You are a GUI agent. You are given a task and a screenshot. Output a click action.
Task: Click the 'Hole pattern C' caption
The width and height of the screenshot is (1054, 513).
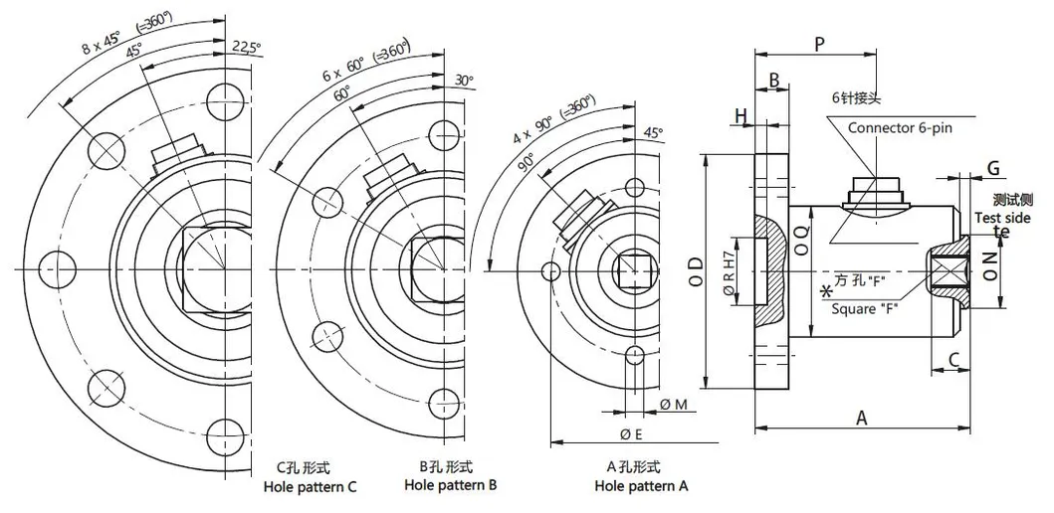[310, 487]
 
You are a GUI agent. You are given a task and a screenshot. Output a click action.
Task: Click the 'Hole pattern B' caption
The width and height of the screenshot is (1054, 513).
[451, 485]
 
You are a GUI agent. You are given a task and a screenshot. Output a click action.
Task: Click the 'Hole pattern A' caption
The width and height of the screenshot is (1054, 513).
[641, 486]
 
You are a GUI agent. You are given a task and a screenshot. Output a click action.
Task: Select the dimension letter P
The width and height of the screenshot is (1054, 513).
[818, 44]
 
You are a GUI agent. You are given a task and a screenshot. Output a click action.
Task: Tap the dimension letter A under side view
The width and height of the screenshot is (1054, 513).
[862, 419]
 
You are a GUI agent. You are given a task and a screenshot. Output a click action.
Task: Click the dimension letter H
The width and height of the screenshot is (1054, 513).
[740, 117]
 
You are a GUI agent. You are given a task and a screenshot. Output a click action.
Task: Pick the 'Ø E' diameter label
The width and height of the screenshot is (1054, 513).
[629, 433]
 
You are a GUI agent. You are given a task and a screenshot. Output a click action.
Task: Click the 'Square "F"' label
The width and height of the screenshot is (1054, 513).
[867, 307]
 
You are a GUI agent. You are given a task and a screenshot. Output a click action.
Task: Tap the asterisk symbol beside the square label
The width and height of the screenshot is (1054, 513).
[825, 292]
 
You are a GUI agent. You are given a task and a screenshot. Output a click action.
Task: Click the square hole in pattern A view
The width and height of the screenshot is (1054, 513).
[635, 269]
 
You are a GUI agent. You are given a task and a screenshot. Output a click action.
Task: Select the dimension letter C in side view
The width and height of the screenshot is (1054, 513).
[952, 359]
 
